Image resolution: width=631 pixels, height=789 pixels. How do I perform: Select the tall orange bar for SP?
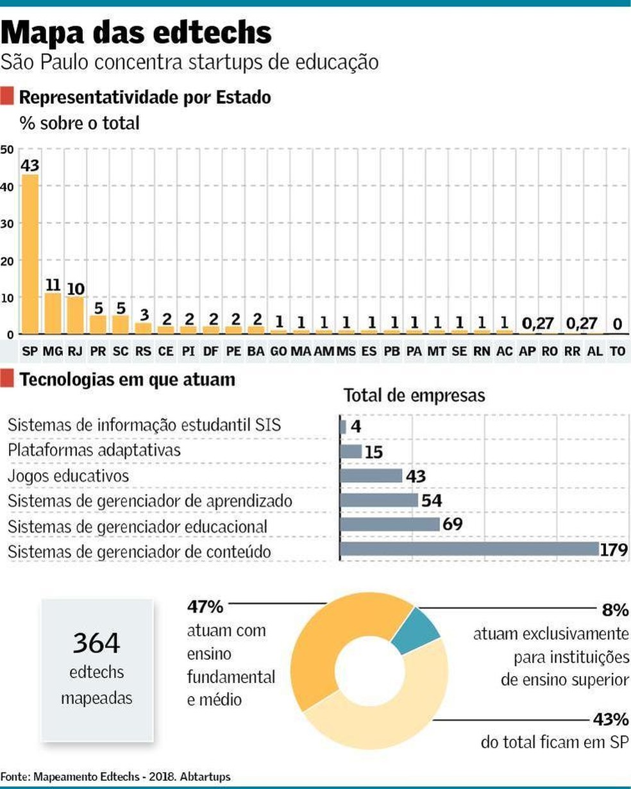[29, 253]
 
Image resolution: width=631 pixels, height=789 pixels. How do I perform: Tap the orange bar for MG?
[53, 314]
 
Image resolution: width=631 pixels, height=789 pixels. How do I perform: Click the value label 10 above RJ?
[76, 288]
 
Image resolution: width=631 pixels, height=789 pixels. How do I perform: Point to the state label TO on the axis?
[617, 352]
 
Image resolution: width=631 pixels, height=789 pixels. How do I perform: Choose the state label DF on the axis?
[210, 352]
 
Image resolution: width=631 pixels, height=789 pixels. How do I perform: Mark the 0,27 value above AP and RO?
[538, 324]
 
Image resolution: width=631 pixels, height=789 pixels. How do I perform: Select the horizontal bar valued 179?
[469, 549]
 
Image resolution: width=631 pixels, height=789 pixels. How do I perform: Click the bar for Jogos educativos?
[371, 475]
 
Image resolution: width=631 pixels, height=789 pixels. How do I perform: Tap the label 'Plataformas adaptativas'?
[94, 450]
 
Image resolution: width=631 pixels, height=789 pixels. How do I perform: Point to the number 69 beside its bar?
[452, 524]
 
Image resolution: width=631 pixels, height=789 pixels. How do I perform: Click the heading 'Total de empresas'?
[414, 395]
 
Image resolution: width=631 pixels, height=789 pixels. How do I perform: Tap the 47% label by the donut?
[205, 606]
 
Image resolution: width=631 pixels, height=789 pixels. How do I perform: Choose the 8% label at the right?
[615, 610]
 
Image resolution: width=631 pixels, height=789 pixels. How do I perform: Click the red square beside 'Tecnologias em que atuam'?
[7, 380]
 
